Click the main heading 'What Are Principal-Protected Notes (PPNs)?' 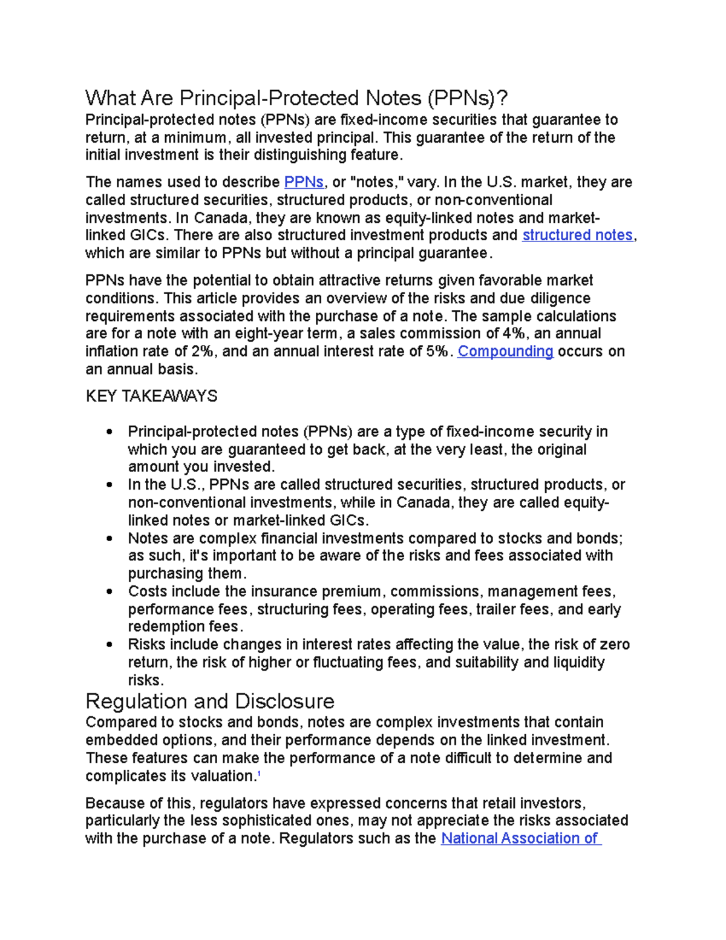(x=296, y=98)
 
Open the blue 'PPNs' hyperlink (x=304, y=182)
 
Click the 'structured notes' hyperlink (x=577, y=235)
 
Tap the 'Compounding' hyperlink (x=505, y=352)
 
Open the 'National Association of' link (x=520, y=838)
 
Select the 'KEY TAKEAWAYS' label (x=151, y=396)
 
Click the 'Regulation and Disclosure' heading (x=210, y=702)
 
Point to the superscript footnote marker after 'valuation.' (x=259, y=774)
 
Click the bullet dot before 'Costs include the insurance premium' (x=109, y=591)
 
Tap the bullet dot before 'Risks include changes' (x=109, y=645)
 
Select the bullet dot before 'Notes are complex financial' (x=109, y=539)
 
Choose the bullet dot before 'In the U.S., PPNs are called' (x=109, y=485)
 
